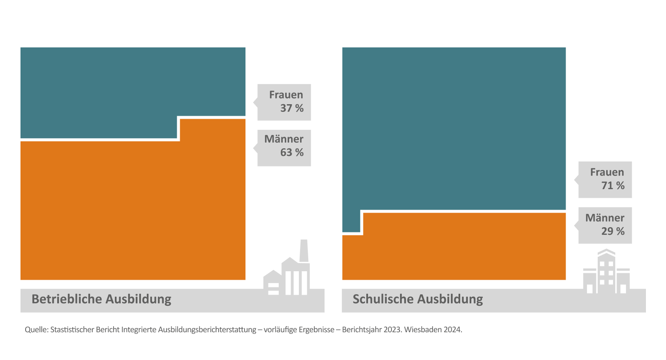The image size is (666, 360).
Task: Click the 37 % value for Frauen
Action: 292,108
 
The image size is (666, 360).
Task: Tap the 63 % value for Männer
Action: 292,152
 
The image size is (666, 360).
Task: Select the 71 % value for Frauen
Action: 613,186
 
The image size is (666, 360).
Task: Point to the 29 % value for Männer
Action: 613,231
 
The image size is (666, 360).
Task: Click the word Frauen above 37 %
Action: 286,95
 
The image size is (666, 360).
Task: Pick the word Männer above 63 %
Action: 284,139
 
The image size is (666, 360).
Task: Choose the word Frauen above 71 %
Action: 607,172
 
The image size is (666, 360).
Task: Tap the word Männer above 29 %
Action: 605,218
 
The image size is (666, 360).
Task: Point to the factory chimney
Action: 304,251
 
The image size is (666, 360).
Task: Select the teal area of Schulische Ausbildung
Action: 454,128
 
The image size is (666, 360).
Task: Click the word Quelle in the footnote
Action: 36,330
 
